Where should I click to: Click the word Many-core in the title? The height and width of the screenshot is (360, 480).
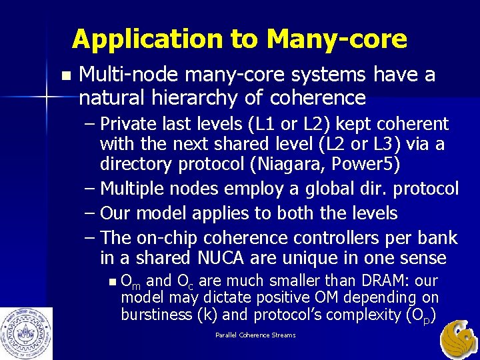[336, 40]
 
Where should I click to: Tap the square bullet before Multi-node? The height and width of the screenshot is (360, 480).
[64, 75]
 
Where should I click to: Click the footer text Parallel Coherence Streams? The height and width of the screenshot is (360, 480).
[255, 335]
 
